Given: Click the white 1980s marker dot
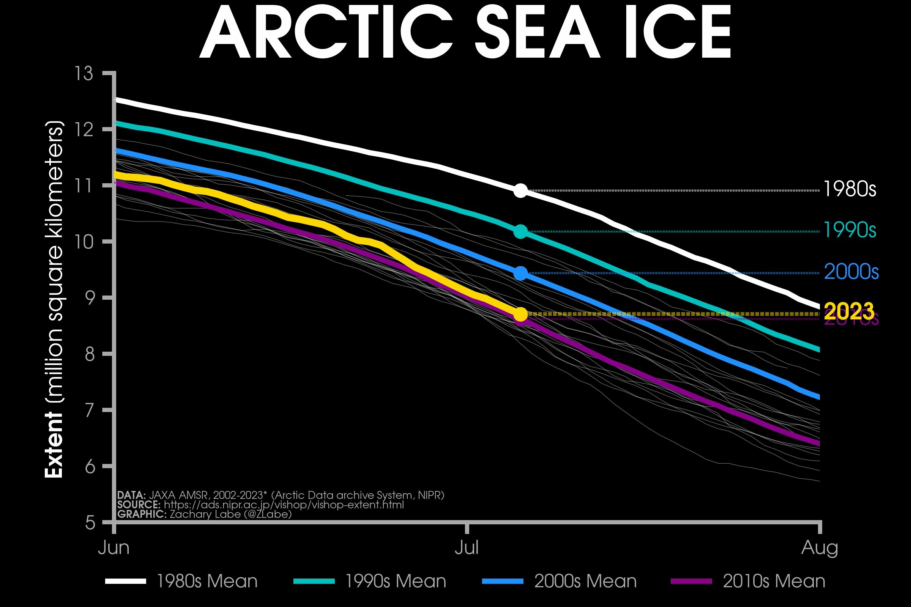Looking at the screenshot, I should coord(520,190).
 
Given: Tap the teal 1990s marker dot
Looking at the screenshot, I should coord(520,232).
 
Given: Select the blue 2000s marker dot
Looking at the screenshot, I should coord(520,273).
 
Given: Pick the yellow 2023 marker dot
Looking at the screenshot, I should coord(520,314).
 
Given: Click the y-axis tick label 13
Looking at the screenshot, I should coord(84,74).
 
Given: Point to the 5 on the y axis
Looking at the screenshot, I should coord(90,523).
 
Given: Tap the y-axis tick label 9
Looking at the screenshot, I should coord(90,298).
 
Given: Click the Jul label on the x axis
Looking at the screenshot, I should coord(467,548).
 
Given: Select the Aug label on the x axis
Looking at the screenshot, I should coord(819,548).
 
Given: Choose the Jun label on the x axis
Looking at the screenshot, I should coord(114,548).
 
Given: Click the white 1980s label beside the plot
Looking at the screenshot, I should coord(850,189).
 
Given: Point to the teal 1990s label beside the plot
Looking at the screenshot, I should coord(850,230).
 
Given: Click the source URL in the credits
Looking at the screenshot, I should coord(284,505).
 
